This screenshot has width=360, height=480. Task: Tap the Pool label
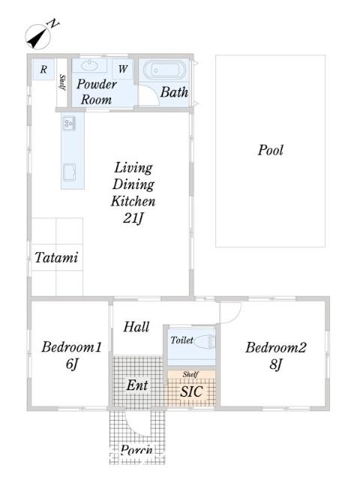tap(270, 150)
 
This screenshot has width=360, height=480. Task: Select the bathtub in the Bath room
tap(163, 71)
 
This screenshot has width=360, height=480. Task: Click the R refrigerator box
tap(43, 70)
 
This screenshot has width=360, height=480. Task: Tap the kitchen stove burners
tap(68, 123)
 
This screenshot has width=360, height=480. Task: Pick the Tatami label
tap(56, 258)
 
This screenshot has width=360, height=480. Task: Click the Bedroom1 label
tap(71, 347)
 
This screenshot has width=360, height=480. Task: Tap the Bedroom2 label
tap(276, 347)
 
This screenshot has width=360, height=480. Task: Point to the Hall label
tap(136, 327)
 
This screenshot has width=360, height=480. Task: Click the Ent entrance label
tap(136, 385)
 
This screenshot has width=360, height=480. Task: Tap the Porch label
tap(136, 451)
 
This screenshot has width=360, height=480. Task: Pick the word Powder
tap(96, 84)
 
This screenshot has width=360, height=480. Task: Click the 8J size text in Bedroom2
tap(276, 365)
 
